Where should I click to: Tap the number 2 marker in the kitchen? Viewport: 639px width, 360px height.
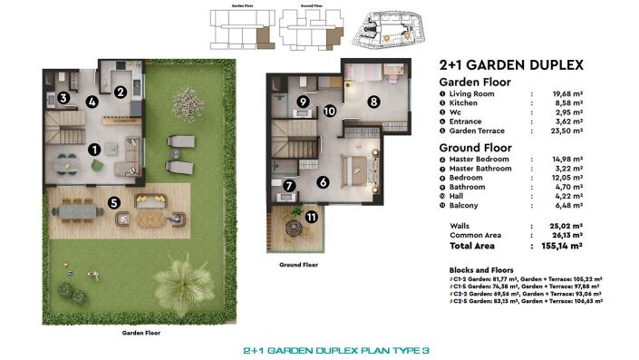(120, 90)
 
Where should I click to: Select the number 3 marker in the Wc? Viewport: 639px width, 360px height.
(63, 97)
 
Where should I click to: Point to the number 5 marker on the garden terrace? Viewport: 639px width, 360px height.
(113, 202)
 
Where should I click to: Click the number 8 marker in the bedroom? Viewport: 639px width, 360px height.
(373, 102)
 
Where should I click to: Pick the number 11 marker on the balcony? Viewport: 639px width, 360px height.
(312, 216)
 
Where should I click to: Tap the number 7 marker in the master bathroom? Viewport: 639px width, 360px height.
(289, 186)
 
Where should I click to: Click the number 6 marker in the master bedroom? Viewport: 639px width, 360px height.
(322, 180)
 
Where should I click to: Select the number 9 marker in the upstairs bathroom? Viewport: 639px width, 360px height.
(304, 102)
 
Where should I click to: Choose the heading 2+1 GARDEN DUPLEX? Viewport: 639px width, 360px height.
(510, 64)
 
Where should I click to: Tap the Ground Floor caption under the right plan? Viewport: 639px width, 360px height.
(298, 265)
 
